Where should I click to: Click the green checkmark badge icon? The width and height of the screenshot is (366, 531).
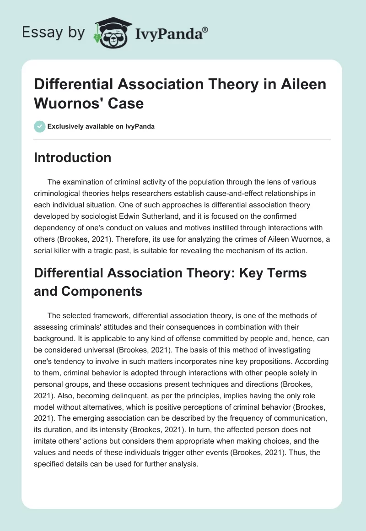pos(40,126)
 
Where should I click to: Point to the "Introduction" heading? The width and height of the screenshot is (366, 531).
pos(73,157)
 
